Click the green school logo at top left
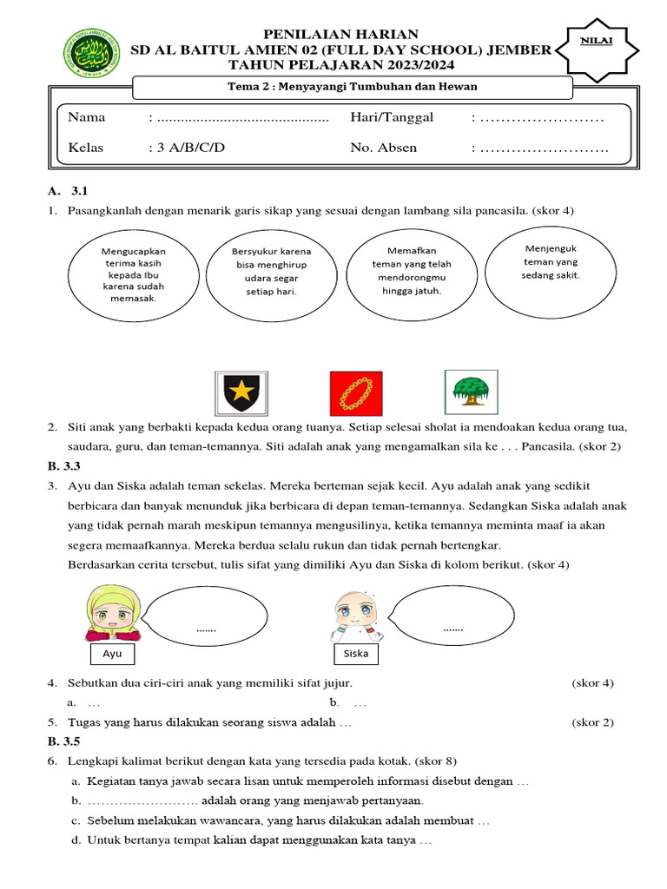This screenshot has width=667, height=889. (x=96, y=52)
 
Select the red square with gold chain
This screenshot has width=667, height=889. (x=354, y=393)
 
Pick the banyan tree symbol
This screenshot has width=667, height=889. (x=471, y=392)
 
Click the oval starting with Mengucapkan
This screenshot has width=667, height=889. (x=133, y=274)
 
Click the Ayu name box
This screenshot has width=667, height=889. (x=112, y=653)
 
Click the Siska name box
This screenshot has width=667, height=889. (x=356, y=653)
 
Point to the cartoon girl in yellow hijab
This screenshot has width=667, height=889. (x=109, y=612)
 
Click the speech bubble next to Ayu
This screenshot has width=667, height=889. (x=207, y=617)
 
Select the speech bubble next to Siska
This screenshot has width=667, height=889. (x=452, y=616)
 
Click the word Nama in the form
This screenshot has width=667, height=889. (x=87, y=117)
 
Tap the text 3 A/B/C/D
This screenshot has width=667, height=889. (x=186, y=148)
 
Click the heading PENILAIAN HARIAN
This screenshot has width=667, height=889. (x=347, y=33)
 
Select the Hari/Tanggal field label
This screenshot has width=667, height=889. (x=391, y=117)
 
